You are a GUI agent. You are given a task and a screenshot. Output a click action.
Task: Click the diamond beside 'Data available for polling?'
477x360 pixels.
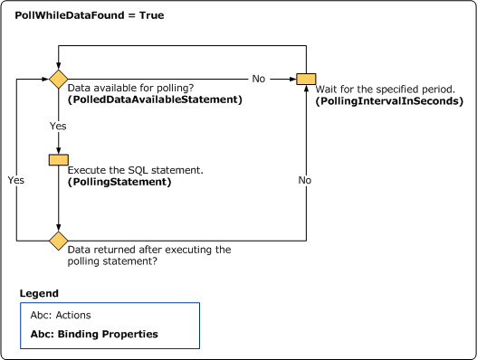click(x=58, y=79)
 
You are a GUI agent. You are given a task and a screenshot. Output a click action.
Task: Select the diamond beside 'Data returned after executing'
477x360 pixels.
click(x=58, y=241)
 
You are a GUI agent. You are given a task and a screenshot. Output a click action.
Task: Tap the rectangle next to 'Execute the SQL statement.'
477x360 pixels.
click(x=58, y=160)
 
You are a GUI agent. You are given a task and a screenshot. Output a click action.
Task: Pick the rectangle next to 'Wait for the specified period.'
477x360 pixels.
click(x=305, y=79)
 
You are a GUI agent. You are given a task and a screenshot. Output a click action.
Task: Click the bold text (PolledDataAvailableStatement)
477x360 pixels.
click(x=155, y=99)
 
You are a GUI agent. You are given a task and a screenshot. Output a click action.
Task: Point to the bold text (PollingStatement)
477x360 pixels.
click(x=119, y=182)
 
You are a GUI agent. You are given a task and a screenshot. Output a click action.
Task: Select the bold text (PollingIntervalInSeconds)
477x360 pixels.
click(x=388, y=101)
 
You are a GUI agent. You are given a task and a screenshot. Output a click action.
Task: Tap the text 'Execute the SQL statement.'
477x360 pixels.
click(x=136, y=170)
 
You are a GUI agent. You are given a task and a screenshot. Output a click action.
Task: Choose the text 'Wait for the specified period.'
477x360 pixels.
click(x=385, y=89)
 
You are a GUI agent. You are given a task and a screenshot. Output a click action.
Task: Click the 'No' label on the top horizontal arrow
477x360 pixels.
click(x=259, y=79)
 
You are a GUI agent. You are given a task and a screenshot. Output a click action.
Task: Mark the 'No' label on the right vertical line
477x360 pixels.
click(x=305, y=180)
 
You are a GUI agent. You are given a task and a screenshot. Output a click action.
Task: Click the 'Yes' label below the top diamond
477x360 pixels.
click(x=58, y=126)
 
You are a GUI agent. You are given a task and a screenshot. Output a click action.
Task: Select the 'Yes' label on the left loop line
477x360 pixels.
click(x=16, y=180)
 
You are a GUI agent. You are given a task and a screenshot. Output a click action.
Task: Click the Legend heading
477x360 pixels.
click(x=39, y=294)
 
